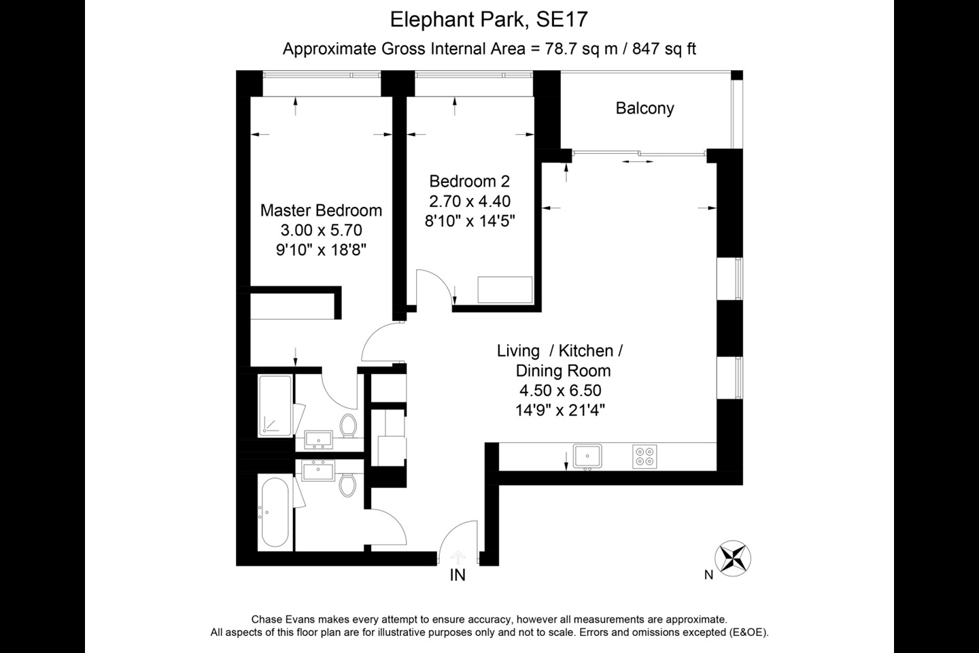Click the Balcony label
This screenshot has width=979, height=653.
click(645, 108)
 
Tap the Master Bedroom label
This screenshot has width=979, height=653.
click(321, 210)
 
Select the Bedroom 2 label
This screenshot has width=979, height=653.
click(469, 181)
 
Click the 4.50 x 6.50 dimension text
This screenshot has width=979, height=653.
click(560, 390)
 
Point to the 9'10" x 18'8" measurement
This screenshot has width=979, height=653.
click(321, 250)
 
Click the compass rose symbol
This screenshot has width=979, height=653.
click(734, 557)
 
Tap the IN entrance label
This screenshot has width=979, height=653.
click(458, 575)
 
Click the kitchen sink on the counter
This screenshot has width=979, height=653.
click(587, 456)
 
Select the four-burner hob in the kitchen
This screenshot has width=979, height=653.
click(644, 456)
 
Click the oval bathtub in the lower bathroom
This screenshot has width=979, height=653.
click(275, 512)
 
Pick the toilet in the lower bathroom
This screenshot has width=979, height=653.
click(348, 484)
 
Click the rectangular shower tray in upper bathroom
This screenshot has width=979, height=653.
click(275, 405)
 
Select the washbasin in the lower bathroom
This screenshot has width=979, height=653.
click(317, 470)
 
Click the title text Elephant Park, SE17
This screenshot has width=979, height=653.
click(488, 19)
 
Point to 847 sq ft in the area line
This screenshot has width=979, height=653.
click(664, 49)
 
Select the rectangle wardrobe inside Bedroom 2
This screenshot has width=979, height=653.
click(504, 289)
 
